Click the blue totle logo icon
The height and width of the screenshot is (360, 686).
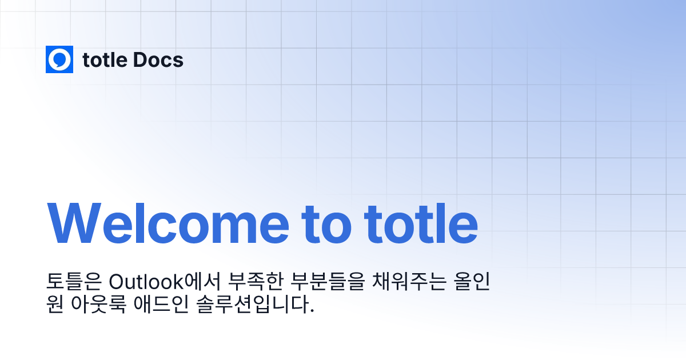59,59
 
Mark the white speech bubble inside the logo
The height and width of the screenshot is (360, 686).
59,59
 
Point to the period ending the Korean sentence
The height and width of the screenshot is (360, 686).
312,311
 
